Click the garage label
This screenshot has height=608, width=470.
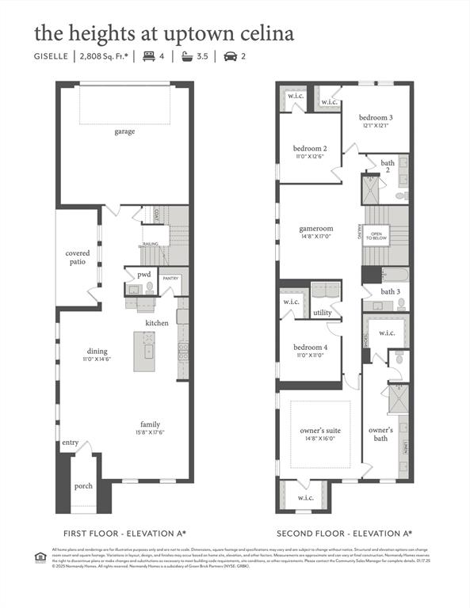click(124, 131)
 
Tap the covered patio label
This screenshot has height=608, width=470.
click(77, 257)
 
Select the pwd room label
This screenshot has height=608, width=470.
click(143, 275)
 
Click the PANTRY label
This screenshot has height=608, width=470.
click(170, 279)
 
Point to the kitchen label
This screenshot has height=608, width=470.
click(156, 323)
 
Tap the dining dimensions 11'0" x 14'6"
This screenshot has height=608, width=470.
click(97, 359)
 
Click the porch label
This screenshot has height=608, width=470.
click(83, 486)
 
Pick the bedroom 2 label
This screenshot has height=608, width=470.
click(309, 149)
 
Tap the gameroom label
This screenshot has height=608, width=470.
click(315, 228)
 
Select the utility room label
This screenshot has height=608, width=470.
click(323, 313)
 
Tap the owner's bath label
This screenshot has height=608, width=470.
click(381, 434)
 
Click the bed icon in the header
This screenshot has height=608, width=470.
click(148, 56)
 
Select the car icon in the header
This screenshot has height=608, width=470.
click(231, 56)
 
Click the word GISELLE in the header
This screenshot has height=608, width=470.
click(50, 56)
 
